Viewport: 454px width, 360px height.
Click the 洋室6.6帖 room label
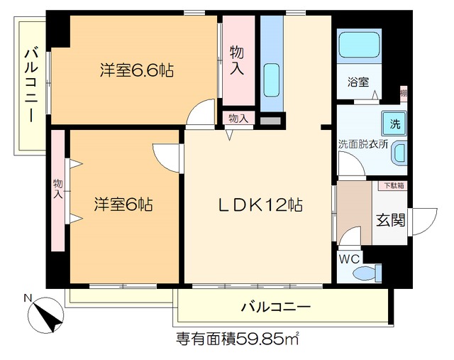tap(137, 70)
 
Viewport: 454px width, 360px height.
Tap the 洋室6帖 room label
tap(123, 204)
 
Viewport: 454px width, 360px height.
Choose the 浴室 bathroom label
tap(358, 82)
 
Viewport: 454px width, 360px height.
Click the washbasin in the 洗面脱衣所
tap(400, 153)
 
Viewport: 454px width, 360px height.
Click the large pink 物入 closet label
tap(238, 60)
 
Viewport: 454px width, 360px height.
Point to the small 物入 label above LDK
tap(238, 119)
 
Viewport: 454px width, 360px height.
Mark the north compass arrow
tap(49, 317)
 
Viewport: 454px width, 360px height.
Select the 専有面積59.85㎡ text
tap(237, 339)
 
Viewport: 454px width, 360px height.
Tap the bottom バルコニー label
tap(276, 307)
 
